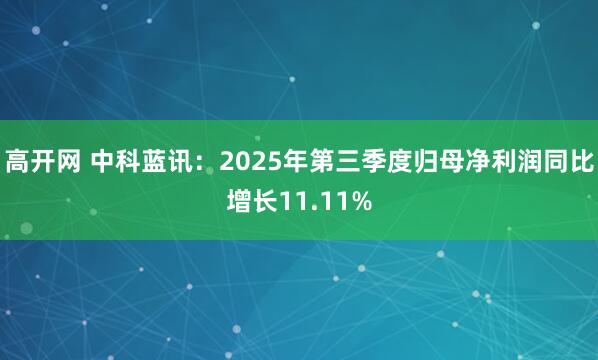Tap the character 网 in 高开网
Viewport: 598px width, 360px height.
(68, 160)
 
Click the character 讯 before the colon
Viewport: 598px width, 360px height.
(181, 160)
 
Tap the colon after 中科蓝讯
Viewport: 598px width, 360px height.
(203, 162)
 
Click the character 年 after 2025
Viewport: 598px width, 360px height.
(298, 160)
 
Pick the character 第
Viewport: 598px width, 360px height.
(323, 160)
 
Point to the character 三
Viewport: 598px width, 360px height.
(348, 160)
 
